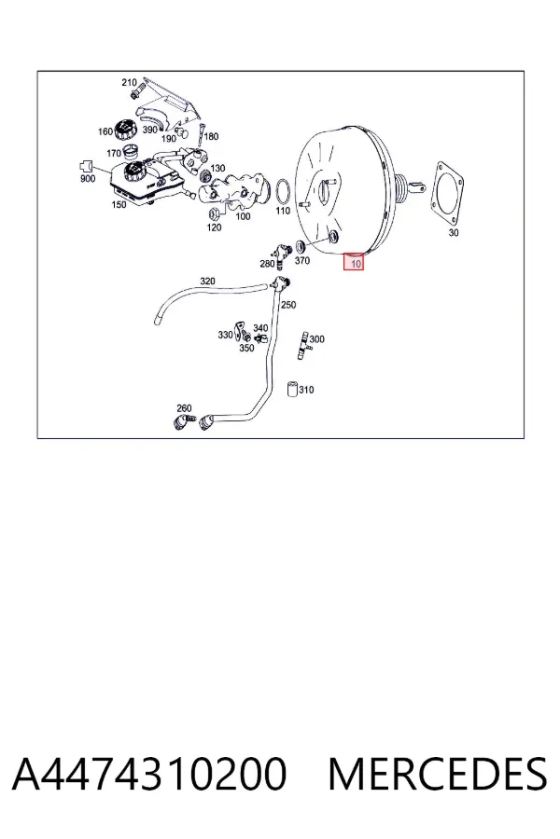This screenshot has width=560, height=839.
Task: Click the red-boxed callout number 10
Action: tap(355, 263)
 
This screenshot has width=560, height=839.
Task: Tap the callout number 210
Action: tap(129, 82)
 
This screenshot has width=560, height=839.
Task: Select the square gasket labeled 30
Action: tap(448, 193)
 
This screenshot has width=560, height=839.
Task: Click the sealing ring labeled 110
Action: tap(283, 190)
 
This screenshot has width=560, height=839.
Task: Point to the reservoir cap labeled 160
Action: tap(124, 130)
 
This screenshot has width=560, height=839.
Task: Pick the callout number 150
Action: tap(119, 204)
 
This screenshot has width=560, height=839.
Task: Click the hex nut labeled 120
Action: tap(212, 213)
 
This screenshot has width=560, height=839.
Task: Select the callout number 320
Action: tap(207, 281)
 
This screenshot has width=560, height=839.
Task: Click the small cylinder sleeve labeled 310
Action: tap(292, 389)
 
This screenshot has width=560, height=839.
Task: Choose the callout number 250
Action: tap(288, 305)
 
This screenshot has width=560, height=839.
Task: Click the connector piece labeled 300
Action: tap(304, 346)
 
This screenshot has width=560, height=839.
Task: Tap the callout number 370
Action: tap(302, 261)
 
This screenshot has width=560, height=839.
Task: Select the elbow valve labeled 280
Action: tap(280, 254)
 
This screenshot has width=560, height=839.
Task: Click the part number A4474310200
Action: tap(149, 774)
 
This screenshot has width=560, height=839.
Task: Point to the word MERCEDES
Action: tap(438, 774)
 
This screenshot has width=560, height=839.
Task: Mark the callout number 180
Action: tap(212, 136)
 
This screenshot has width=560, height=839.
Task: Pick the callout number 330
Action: tap(225, 335)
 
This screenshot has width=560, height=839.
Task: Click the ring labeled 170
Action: tap(132, 152)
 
